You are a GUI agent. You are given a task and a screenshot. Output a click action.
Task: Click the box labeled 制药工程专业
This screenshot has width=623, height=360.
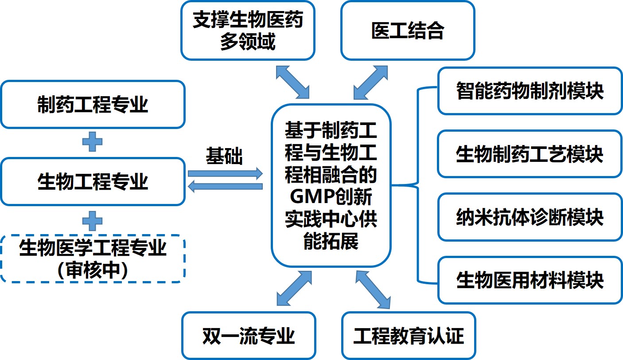coord(92,105)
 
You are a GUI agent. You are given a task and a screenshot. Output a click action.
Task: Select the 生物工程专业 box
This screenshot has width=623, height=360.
coord(92,182)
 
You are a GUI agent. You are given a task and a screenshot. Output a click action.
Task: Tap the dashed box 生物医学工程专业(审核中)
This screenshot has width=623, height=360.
coord(92,259)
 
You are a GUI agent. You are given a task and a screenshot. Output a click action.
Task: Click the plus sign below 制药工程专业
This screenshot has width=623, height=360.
coord(93,142)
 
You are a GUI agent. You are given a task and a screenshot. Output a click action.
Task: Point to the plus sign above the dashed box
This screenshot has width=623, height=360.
coord(93,220)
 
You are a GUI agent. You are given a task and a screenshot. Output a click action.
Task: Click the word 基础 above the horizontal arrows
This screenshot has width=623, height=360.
coord(224,156)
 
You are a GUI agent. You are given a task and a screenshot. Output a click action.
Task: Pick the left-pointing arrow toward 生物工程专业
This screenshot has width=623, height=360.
coord(225,187)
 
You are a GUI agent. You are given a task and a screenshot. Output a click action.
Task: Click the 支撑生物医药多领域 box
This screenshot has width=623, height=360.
coord(248,31)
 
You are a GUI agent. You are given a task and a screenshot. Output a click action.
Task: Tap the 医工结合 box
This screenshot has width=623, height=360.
coord(407,31)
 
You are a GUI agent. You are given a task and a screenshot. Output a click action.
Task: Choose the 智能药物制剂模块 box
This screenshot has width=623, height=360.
coord(530,91)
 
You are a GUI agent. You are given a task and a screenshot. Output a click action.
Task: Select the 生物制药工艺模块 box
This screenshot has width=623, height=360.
coord(530,154)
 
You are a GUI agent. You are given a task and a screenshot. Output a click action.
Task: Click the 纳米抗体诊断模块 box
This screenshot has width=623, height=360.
coord(530,217)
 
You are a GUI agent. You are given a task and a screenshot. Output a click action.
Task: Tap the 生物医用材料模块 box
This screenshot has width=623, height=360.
coord(530,280)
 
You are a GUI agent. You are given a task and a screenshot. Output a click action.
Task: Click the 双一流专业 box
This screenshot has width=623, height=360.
coord(249,335)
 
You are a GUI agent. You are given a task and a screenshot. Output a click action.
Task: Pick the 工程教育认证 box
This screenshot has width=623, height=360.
coord(408,335)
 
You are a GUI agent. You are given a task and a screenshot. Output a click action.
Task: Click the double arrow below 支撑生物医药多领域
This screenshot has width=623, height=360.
coord(293,82)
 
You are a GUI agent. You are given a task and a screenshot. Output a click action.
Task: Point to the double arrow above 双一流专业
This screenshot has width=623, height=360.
coord(294,288)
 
